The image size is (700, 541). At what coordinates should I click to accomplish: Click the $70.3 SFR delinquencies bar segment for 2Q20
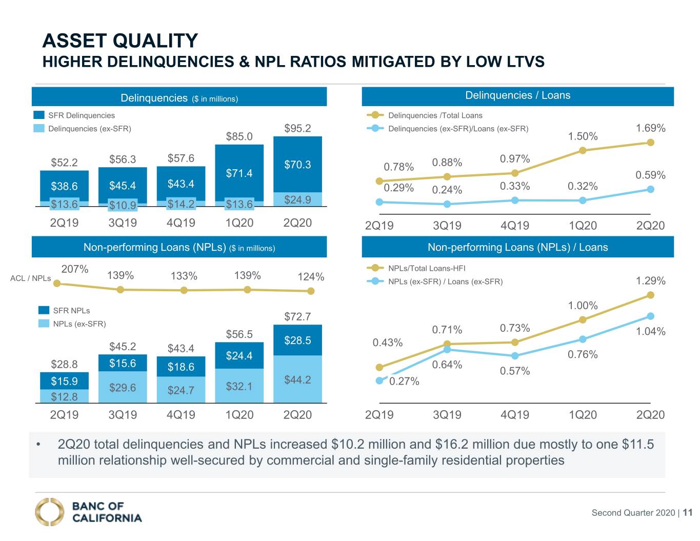click(297, 164)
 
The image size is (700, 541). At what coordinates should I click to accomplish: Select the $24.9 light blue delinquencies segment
click(297, 199)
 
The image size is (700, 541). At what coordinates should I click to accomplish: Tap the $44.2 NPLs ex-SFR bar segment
click(297, 379)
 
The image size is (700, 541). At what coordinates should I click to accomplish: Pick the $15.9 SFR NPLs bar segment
click(64, 380)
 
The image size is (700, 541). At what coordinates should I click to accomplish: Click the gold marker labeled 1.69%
click(650, 143)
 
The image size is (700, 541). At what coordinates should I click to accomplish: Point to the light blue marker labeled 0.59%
click(650, 189)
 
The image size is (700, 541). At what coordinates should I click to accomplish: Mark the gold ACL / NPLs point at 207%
click(57, 284)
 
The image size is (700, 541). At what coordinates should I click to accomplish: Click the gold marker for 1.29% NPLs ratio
click(650, 295)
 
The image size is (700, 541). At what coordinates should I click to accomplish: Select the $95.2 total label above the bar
click(297, 128)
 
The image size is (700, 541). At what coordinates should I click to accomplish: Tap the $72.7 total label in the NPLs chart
click(297, 316)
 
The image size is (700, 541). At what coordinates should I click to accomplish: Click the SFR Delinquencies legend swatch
click(38, 115)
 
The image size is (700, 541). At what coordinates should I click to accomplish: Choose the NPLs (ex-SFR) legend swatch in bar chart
click(44, 323)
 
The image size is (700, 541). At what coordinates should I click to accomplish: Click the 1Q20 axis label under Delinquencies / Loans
click(583, 226)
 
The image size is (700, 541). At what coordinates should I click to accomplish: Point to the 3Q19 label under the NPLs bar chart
click(123, 414)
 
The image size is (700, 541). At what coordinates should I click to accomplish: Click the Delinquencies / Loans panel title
click(517, 95)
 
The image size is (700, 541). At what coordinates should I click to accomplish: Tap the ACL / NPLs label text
click(31, 278)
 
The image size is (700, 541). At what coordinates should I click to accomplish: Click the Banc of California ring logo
click(49, 512)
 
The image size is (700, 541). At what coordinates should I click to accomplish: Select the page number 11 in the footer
click(688, 512)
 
